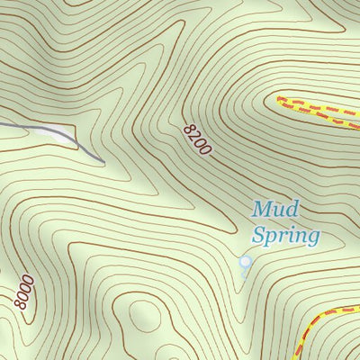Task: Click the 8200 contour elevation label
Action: coord(199,140)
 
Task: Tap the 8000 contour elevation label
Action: coord(26,294)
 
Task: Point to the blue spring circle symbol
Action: coord(244,262)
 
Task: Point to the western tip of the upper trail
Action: coord(279,99)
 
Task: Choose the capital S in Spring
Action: coord(257,237)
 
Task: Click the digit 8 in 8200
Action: coord(192,130)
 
